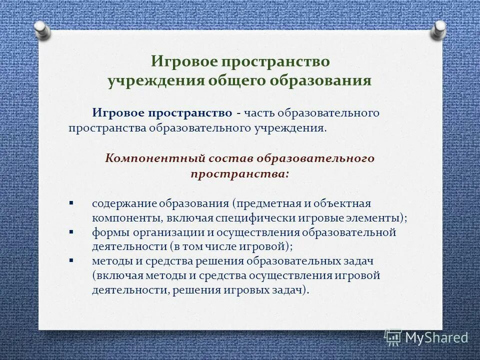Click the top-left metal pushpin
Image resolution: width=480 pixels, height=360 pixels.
pyautogui.click(x=42, y=30)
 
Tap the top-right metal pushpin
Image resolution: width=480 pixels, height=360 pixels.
pyautogui.click(x=439, y=30)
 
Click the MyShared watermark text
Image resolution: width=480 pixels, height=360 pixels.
pyautogui.click(x=436, y=337)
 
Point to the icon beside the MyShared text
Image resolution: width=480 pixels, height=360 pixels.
pyautogui.click(x=393, y=337)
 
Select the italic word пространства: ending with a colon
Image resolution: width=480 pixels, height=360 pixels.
pyautogui.click(x=239, y=174)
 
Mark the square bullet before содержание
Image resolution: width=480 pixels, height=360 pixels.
pyautogui.click(x=71, y=203)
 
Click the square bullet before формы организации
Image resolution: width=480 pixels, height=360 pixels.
pyautogui.click(x=71, y=232)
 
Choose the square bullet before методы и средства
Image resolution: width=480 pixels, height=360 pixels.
pyautogui.click(x=71, y=260)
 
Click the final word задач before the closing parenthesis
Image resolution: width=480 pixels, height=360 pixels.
pyautogui.click(x=288, y=290)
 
